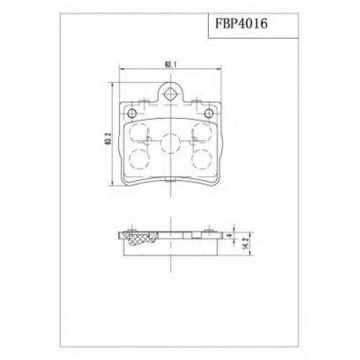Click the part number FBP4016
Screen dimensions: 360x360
click(x=241, y=24)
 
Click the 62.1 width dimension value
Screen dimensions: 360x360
click(x=170, y=64)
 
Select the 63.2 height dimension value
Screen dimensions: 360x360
click(x=109, y=139)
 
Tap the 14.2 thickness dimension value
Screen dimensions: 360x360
click(x=245, y=244)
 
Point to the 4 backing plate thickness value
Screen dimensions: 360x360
click(x=230, y=235)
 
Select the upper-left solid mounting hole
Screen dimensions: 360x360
click(x=132, y=112)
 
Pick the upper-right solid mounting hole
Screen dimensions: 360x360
click(x=209, y=112)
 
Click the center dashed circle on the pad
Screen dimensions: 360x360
click(x=170, y=143)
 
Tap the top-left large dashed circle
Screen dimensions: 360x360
click(x=139, y=132)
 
